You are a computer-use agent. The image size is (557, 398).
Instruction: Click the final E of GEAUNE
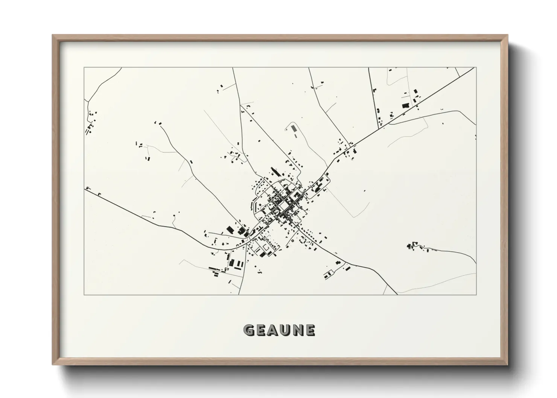point(310,330)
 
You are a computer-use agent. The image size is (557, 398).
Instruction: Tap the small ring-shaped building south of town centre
point(292,240)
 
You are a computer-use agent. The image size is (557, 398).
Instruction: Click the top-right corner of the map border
point(476,68)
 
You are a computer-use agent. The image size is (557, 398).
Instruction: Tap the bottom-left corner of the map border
point(84,295)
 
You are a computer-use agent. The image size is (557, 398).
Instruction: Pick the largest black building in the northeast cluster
point(406,106)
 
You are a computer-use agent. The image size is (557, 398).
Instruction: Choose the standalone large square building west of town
point(229,229)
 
